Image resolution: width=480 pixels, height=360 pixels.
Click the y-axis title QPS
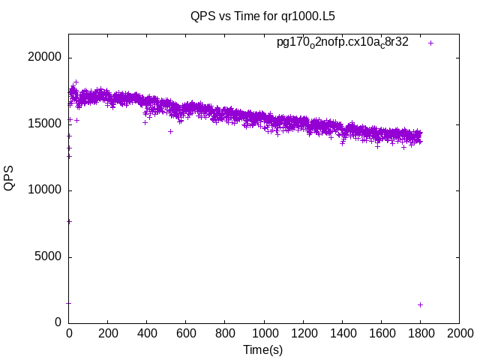[x=10, y=177]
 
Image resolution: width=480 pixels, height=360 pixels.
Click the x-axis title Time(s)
[x=263, y=349]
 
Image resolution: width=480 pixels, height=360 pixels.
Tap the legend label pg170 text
[x=343, y=42]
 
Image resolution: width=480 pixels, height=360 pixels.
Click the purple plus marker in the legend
[x=430, y=43]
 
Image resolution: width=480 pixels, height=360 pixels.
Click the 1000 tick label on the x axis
[x=264, y=334]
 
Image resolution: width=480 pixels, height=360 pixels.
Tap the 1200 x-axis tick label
[x=303, y=334]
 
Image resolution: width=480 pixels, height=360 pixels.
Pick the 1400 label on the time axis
[x=342, y=334]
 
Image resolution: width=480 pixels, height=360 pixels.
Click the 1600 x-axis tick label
[x=381, y=334]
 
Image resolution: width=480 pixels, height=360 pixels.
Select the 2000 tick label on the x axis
[x=459, y=334]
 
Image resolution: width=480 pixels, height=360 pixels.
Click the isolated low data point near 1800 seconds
[x=420, y=304]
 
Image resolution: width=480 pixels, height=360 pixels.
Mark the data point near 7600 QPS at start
[x=69, y=221]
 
